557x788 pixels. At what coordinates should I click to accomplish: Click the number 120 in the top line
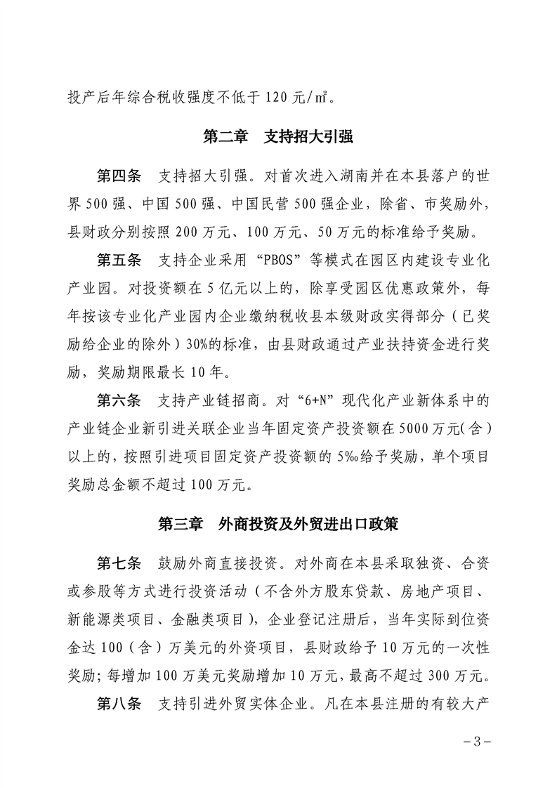[x=278, y=97]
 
